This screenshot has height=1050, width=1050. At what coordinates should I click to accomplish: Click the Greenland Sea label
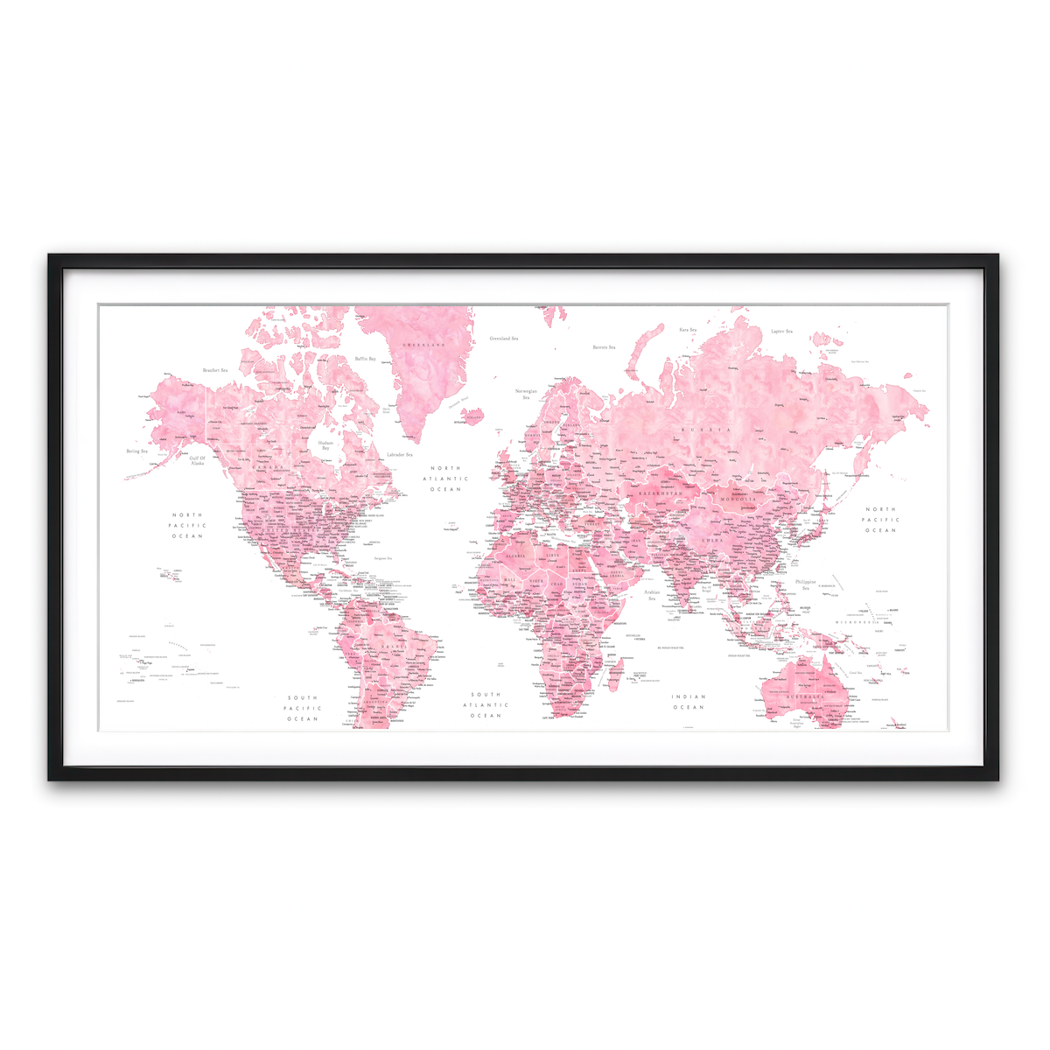pyautogui.click(x=503, y=339)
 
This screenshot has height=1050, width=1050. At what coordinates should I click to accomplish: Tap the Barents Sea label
pyautogui.click(x=604, y=347)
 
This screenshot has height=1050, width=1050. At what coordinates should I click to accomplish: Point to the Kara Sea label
pyautogui.click(x=688, y=330)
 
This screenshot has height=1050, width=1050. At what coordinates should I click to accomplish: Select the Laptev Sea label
pyautogui.click(x=781, y=332)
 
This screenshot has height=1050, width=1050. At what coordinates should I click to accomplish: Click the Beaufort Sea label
pyautogui.click(x=215, y=370)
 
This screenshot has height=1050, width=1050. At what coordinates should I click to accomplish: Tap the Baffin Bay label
pyautogui.click(x=366, y=359)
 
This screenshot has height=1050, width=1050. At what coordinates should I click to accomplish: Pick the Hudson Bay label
pyautogui.click(x=325, y=445)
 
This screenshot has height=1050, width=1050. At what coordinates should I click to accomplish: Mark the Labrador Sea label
pyautogui.click(x=399, y=454)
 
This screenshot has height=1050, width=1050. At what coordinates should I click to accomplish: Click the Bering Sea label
pyautogui.click(x=137, y=451)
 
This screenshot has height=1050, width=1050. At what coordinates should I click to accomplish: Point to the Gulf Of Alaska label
pyautogui.click(x=197, y=460)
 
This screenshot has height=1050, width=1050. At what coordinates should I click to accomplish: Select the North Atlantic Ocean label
pyautogui.click(x=445, y=479)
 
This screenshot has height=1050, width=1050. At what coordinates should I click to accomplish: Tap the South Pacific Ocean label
pyautogui.click(x=303, y=709)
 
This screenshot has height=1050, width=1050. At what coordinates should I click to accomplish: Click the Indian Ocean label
pyautogui.click(x=689, y=702)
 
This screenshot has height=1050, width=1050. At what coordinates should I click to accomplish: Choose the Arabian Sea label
pyautogui.click(x=652, y=595)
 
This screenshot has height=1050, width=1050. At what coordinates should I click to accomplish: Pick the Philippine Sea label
pyautogui.click(x=805, y=584)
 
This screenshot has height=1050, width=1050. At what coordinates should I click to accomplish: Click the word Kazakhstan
pyautogui.click(x=660, y=494)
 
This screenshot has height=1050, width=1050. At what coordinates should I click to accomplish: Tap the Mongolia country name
pyautogui.click(x=738, y=499)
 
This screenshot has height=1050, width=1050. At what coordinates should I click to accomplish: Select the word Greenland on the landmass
pyautogui.click(x=423, y=346)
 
